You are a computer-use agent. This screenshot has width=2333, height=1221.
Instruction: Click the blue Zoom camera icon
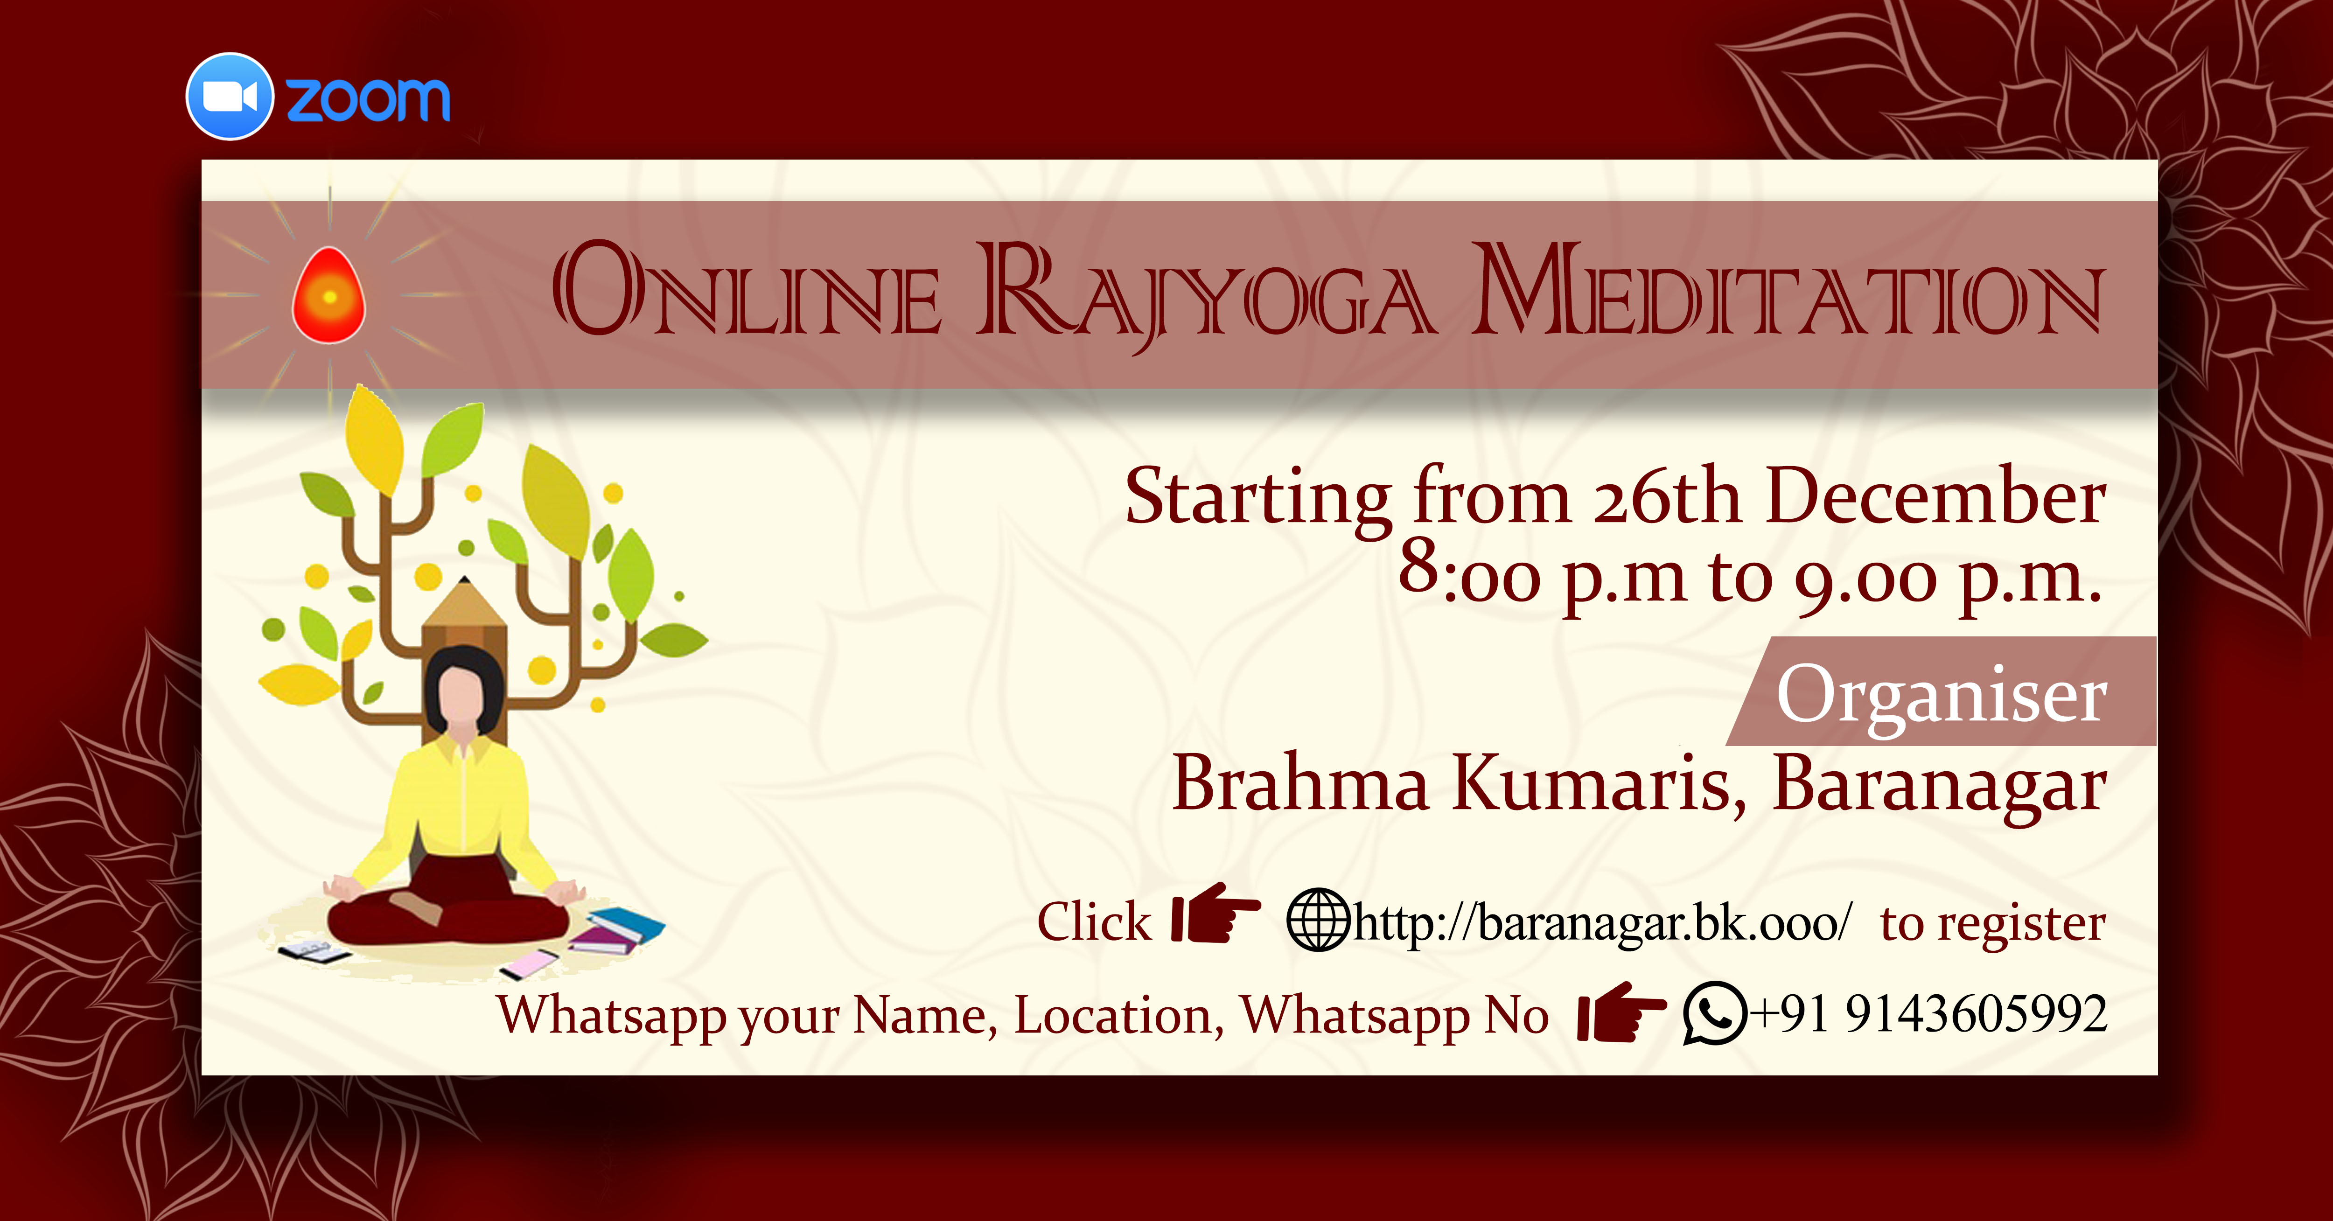(229, 96)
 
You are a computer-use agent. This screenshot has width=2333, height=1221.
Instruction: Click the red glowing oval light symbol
(329, 295)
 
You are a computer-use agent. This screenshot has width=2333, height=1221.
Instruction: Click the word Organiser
(1942, 696)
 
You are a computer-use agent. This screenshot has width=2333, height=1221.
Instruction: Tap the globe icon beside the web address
(1319, 920)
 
